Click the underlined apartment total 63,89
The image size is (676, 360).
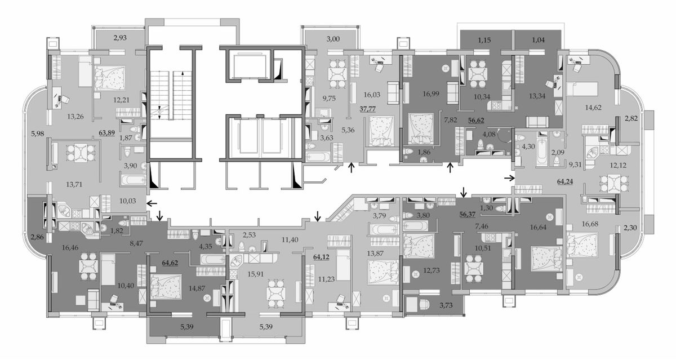pyautogui.click(x=107, y=133)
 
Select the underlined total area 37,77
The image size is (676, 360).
pyautogui.click(x=367, y=109)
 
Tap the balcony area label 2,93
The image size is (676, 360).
pyautogui.click(x=120, y=38)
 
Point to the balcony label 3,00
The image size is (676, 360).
pyautogui.click(x=333, y=39)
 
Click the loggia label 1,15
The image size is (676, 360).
pyautogui.click(x=484, y=40)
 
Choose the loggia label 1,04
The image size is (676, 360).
pyautogui.click(x=539, y=40)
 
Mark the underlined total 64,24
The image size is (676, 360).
pyautogui.click(x=565, y=181)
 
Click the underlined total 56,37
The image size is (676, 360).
pyautogui.click(x=467, y=215)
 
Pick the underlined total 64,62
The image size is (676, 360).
pyautogui.click(x=170, y=263)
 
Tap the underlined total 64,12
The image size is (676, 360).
pyautogui.click(x=322, y=257)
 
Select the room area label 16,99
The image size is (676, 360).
pyautogui.click(x=431, y=94)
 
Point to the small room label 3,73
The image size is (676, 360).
pyautogui.click(x=446, y=305)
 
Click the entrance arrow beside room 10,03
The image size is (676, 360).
pyautogui.click(x=152, y=204)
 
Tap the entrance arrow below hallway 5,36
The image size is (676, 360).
pyautogui.click(x=352, y=168)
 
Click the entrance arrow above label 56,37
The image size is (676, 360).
pyautogui.click(x=464, y=192)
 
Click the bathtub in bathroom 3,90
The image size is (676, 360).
pyautogui.click(x=134, y=180)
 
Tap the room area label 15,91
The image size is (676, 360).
pyautogui.click(x=256, y=274)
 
